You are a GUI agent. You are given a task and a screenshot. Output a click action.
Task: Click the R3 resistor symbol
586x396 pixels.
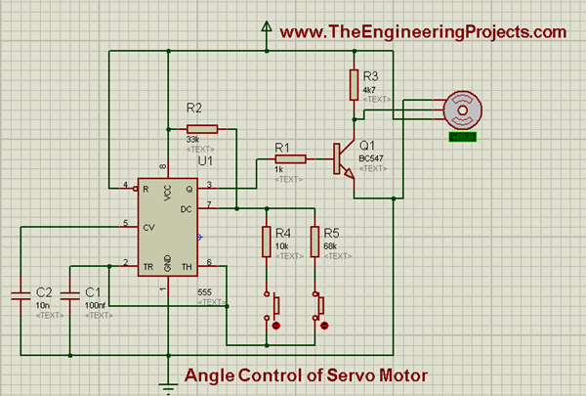354,85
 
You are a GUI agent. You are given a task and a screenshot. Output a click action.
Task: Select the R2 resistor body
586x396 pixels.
201,128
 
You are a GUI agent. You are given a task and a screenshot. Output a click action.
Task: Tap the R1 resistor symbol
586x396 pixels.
290,157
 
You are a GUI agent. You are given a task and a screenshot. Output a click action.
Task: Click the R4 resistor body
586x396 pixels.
267,242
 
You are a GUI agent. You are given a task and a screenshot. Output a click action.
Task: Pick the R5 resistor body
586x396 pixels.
316,242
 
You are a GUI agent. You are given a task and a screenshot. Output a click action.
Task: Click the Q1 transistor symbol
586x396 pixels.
342,159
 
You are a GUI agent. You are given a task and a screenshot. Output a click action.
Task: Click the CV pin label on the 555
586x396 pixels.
146,227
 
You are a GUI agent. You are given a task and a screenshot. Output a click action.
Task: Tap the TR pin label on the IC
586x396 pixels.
146,264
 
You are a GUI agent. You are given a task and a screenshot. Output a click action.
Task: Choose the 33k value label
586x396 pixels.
192,140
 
